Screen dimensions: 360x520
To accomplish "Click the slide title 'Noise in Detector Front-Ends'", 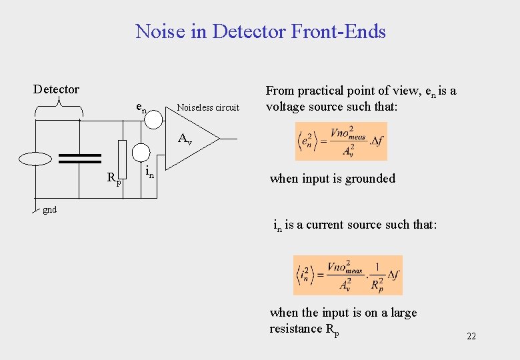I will pos(260,31).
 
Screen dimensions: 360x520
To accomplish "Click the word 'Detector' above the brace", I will pos(56,89).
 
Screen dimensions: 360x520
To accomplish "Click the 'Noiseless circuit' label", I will pos(207,107).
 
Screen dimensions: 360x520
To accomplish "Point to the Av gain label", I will pos(185,140).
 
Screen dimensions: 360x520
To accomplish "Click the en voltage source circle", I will pos(153,119).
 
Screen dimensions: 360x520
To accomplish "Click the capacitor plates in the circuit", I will pos(80,159).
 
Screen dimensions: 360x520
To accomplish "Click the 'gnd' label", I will pos(49,209).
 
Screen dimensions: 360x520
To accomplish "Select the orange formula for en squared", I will pos(341,141).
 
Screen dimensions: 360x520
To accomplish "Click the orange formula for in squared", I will pos(347,275).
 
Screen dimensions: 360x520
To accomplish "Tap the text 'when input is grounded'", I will pos(332,179).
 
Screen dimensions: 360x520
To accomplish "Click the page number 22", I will pos(471,337).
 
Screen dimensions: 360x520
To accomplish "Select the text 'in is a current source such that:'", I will pos(355,225).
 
